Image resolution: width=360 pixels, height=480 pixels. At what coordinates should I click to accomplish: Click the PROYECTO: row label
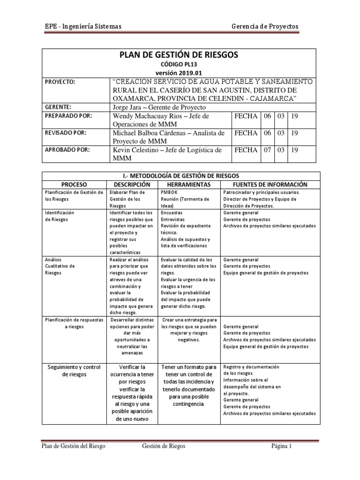(60, 82)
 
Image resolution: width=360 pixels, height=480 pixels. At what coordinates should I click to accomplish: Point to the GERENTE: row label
(58, 106)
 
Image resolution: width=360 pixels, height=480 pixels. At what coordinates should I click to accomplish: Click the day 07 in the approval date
(268, 150)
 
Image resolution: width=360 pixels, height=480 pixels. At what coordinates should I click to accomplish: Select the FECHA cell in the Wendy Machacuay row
(246, 116)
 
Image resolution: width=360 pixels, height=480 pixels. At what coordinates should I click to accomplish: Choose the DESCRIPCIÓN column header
(132, 184)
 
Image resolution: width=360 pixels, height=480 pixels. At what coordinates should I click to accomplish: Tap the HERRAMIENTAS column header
(188, 184)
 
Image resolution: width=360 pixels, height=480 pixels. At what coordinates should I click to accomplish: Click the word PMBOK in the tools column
(168, 192)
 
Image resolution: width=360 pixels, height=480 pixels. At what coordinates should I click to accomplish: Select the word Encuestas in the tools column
(172, 212)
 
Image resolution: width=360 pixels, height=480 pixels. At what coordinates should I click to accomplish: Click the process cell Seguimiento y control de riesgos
(74, 370)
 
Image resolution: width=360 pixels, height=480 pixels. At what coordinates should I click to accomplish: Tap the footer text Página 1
(282, 446)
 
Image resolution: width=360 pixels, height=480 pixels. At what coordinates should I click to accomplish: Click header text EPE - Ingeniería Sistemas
(80, 26)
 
